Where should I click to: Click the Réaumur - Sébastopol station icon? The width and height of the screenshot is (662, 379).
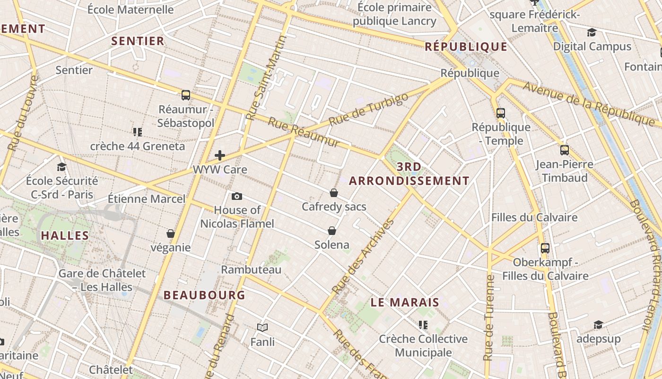(186, 95)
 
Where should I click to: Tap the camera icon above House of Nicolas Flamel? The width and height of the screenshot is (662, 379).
(237, 196)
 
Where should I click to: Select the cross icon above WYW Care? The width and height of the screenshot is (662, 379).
(220, 155)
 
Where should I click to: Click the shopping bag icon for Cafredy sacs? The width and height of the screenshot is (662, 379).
(333, 193)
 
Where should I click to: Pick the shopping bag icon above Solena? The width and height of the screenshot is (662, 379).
(332, 231)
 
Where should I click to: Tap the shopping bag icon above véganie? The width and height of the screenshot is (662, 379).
(171, 234)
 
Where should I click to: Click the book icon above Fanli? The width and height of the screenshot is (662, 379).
(262, 327)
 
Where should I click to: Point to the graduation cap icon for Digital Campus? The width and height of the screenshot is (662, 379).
(592, 32)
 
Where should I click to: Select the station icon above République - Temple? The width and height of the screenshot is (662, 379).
(501, 113)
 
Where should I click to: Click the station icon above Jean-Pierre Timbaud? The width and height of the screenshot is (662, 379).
(565, 150)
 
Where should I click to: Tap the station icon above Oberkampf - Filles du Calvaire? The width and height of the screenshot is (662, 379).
(545, 248)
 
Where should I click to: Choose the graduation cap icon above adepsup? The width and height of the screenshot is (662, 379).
(598, 325)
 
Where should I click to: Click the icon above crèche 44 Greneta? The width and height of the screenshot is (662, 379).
(138, 132)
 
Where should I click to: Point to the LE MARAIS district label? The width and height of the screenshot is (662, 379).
(405, 302)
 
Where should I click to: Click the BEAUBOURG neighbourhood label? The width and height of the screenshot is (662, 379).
(204, 295)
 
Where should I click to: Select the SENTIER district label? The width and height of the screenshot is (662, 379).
(138, 41)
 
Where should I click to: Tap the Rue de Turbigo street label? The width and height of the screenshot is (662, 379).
(368, 109)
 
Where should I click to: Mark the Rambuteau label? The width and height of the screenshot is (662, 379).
(251, 270)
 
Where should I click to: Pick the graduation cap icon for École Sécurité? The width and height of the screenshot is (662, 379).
(61, 167)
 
